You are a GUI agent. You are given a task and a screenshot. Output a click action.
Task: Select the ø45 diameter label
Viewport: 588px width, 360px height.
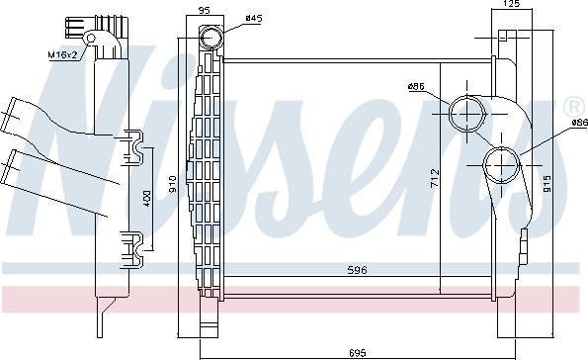(x=253, y=19)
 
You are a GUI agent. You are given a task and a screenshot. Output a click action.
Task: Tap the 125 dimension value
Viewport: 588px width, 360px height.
(x=511, y=5)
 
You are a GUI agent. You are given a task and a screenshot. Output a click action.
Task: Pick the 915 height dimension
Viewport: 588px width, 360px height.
(x=546, y=184)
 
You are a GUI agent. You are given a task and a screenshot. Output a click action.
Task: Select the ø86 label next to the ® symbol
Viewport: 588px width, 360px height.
(x=578, y=123)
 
